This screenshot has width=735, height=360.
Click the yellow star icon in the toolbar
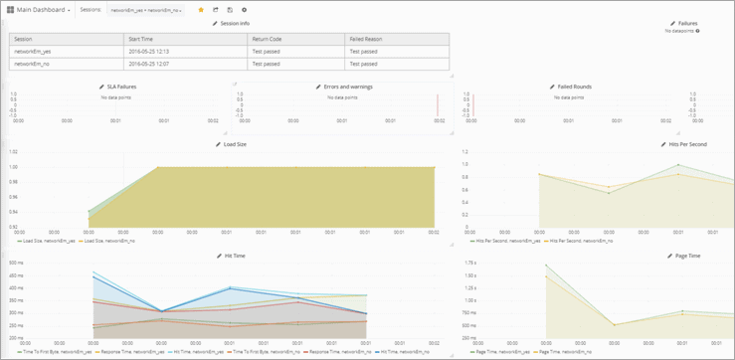[201, 10]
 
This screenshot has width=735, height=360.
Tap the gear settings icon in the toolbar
[244, 10]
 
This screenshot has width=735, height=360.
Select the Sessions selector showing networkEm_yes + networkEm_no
[145, 10]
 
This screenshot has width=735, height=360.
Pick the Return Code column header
[269, 39]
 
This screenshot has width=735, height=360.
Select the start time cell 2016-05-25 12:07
[148, 64]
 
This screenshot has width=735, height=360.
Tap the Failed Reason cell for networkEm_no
[363, 64]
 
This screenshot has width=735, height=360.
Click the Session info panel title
[231, 23]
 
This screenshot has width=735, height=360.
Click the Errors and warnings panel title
[345, 87]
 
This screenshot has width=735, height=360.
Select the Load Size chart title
[234, 144]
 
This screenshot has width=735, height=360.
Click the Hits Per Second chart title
[687, 144]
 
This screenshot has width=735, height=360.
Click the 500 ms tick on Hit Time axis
[16, 263]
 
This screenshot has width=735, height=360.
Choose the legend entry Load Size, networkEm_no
[110, 241]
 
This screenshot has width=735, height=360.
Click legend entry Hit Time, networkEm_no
[399, 352]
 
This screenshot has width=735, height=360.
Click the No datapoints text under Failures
[680, 31]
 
